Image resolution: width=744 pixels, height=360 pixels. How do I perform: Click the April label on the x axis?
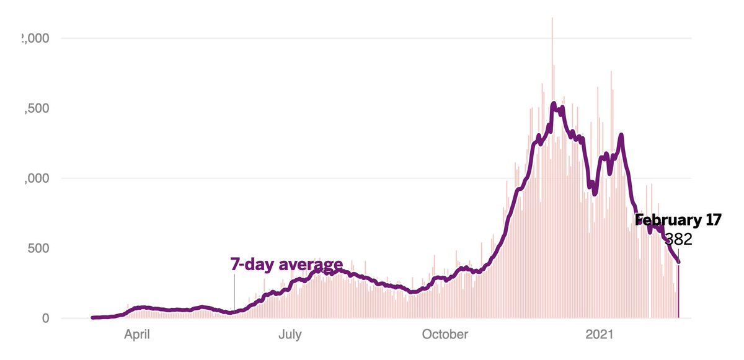137,335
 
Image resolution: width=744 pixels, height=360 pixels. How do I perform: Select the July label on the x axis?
289,335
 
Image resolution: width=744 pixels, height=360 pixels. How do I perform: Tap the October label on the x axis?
445,335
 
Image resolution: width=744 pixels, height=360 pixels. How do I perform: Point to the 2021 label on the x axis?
600,335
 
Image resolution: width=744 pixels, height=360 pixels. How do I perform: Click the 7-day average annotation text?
286,265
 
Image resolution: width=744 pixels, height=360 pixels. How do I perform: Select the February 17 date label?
678,220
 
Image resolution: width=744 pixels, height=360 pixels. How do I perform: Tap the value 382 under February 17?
678,239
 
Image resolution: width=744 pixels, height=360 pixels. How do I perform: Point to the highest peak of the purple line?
554,103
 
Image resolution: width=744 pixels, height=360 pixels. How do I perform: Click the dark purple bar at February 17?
679,291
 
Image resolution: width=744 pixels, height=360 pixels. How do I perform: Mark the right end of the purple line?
679,262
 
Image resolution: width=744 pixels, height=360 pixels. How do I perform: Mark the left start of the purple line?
92,317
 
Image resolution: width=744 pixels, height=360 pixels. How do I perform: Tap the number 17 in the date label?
711,220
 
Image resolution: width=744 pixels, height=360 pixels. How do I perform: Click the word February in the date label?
666,220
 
